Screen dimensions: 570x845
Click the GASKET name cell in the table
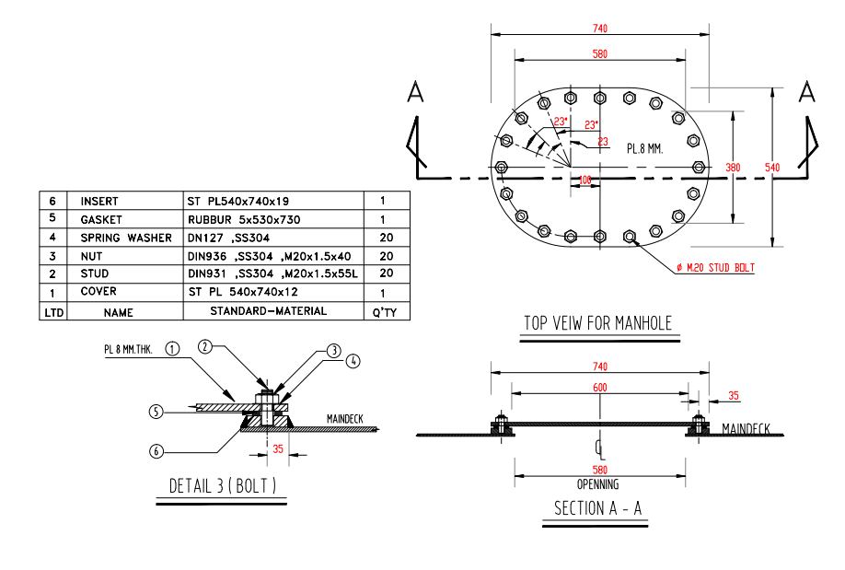coord(101,220)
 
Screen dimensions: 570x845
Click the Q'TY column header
coord(386,312)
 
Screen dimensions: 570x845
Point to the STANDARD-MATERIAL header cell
coord(268,311)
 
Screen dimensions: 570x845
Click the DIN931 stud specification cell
coord(272,273)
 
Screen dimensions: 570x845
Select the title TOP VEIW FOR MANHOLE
coord(598,323)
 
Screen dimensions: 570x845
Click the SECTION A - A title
coord(598,508)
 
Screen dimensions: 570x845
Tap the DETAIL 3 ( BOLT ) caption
coord(223,485)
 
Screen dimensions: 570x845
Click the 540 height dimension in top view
coord(771,168)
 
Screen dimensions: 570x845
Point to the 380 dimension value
coord(732,168)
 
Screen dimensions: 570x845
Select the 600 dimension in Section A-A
coord(599,388)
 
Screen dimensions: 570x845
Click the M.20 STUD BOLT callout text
coord(717,268)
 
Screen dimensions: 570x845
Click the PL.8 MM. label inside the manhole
coord(645,147)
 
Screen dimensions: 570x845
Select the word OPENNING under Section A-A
coord(598,484)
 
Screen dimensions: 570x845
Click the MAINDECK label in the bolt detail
coord(345,419)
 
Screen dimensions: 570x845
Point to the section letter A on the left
coord(416,92)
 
